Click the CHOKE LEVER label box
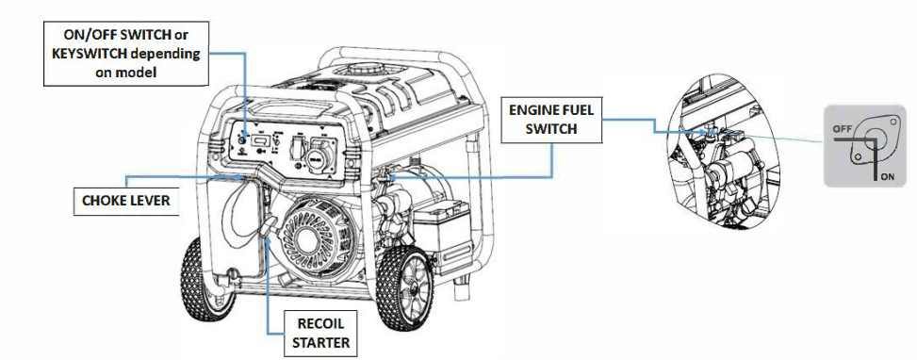pos(126,201)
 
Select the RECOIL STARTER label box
pos(320,333)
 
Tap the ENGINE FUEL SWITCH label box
pos(551,120)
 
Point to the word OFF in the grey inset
pos(842,127)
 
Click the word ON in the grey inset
pos(887,178)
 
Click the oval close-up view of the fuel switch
pos(725,154)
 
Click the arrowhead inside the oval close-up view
pos(705,132)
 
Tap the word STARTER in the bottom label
pos(320,342)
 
